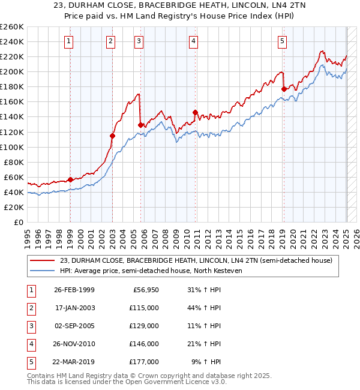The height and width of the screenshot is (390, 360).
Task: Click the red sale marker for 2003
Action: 112,136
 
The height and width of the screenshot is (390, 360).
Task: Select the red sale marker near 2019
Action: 283,89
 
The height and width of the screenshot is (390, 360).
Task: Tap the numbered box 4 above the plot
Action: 194,41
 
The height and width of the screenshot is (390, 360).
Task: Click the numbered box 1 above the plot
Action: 70,41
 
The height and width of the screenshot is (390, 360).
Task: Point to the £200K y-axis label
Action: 12,71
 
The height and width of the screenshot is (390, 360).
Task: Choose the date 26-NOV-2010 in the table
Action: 74,344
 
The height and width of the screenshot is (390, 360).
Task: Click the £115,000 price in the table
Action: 145,308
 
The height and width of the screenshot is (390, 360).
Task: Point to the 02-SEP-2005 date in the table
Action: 74,326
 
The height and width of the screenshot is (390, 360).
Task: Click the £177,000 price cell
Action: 145,362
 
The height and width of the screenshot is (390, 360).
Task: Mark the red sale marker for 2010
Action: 195,112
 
